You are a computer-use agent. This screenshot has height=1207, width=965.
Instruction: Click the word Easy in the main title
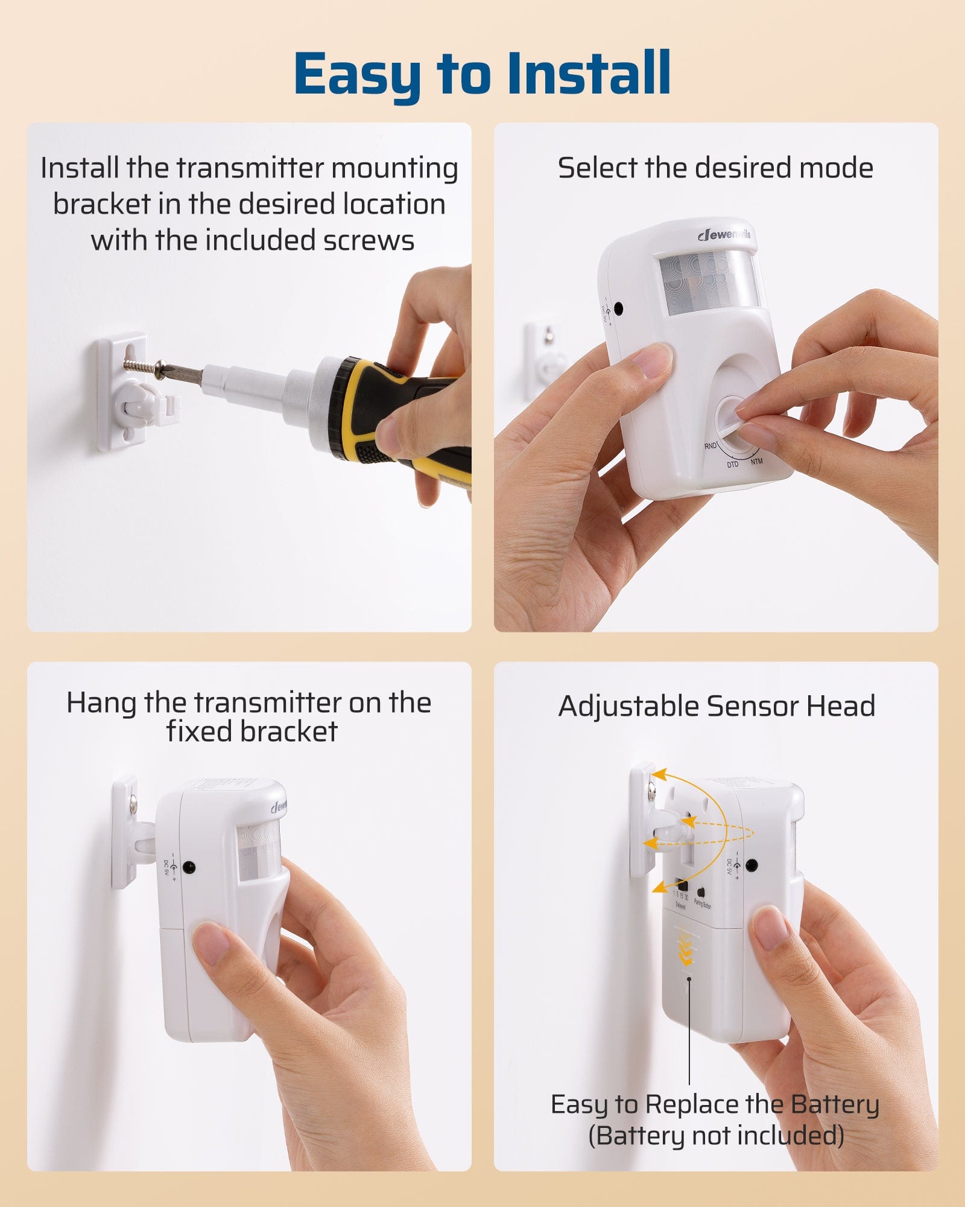(357, 74)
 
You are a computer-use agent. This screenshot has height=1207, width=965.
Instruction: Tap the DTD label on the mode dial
(732, 464)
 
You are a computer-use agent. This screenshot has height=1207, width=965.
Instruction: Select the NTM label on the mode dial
(756, 461)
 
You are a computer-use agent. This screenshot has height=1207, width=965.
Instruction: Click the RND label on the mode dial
(710, 446)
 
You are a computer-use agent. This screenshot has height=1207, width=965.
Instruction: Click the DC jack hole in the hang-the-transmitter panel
(189, 868)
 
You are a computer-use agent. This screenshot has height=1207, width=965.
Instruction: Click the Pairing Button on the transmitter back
(701, 892)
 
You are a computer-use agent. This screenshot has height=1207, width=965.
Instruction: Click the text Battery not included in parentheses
(716, 1136)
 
